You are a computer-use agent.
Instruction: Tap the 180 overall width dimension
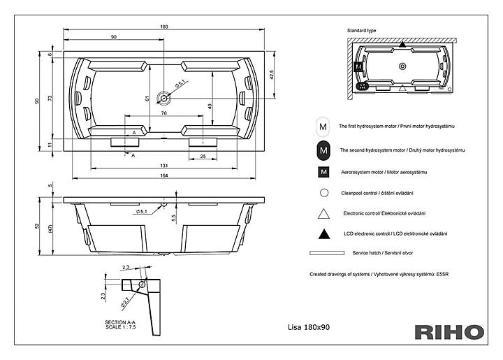point(164,27)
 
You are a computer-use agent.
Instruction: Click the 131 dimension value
point(164,165)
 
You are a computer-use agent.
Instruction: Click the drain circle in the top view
point(164,98)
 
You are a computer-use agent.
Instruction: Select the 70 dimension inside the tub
point(164,113)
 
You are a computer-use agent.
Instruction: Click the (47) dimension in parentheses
point(50,229)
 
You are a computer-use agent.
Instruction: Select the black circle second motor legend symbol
point(323,150)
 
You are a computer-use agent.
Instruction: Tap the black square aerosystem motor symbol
point(323,172)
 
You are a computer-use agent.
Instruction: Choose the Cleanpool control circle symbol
point(323,192)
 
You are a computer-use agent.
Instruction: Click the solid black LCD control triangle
point(323,233)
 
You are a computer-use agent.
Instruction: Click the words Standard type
point(361,31)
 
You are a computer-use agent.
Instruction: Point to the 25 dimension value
point(203,156)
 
